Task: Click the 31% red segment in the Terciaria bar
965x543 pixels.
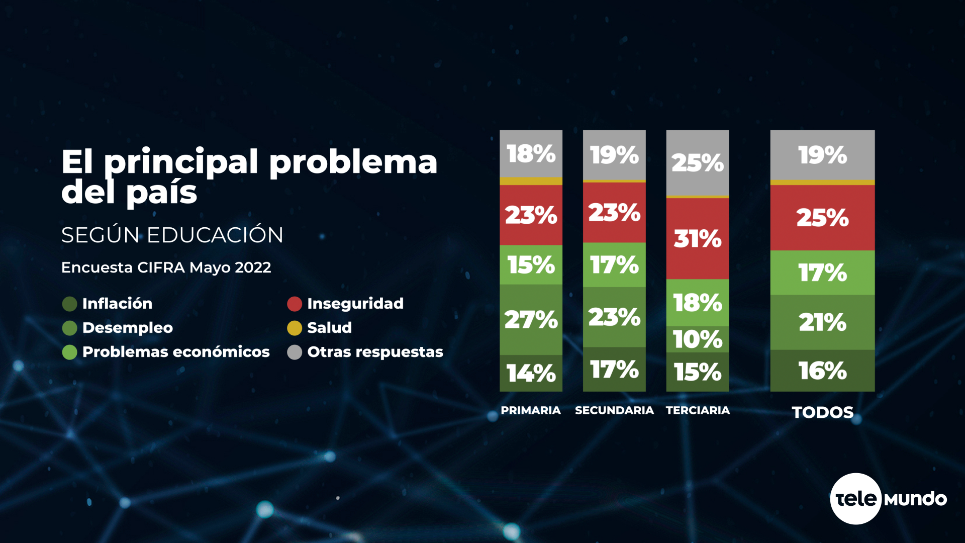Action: pos(697,238)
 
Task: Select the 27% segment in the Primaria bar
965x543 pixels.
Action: pos(531,319)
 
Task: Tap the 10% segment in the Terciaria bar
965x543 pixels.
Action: pos(697,339)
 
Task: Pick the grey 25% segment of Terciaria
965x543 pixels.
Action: pos(697,162)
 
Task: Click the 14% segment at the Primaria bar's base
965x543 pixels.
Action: pos(531,373)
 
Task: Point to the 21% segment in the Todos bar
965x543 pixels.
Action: pos(822,322)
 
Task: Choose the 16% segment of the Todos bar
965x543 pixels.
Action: pos(822,371)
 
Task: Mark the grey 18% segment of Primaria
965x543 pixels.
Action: pos(531,153)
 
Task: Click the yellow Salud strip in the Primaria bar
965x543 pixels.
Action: pos(531,181)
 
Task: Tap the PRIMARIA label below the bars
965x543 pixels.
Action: pos(531,410)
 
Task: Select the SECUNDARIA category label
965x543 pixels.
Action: pos(614,410)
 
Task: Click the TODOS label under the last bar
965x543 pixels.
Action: pos(822,412)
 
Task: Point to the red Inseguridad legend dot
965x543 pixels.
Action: pos(295,304)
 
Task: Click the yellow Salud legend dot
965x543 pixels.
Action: pos(295,328)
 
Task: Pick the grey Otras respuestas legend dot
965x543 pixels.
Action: pos(295,352)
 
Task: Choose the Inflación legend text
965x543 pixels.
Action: pos(117,304)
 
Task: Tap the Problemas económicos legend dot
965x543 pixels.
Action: pos(69,352)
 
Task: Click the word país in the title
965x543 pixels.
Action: pos(161,193)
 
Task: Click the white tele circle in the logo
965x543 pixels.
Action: pos(855,499)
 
